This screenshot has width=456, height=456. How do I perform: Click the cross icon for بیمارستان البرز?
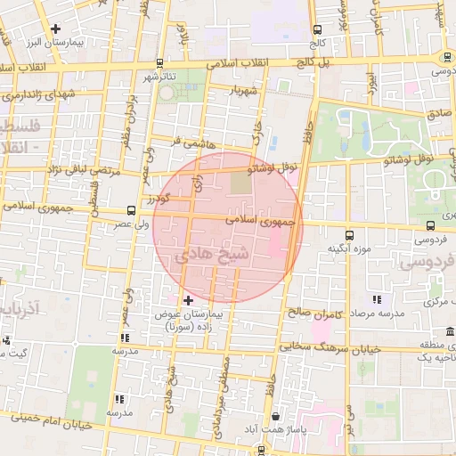[x=57, y=28]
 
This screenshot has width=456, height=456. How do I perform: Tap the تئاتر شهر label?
[x=159, y=77]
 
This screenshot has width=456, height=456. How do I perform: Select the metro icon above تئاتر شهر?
[x=159, y=63]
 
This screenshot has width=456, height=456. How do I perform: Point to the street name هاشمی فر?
[x=184, y=141]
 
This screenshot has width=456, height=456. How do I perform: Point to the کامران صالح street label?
[x=314, y=313]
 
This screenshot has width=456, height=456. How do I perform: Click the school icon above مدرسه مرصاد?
[x=378, y=299]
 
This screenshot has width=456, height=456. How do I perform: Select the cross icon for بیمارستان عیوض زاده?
[x=187, y=300]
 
